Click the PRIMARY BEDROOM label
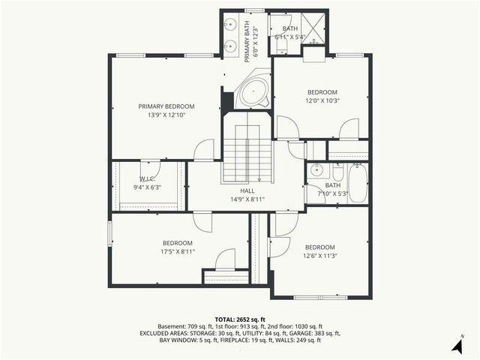point(166,106)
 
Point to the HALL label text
point(237,190)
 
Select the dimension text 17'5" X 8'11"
point(178,252)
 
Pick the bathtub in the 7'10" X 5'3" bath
point(357,184)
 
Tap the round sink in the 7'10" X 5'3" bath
point(316,169)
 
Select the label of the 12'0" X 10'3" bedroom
point(322,92)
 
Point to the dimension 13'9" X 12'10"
point(166,115)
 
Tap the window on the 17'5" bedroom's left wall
point(111,232)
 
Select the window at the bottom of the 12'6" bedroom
point(320,298)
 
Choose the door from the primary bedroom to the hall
point(204,150)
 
